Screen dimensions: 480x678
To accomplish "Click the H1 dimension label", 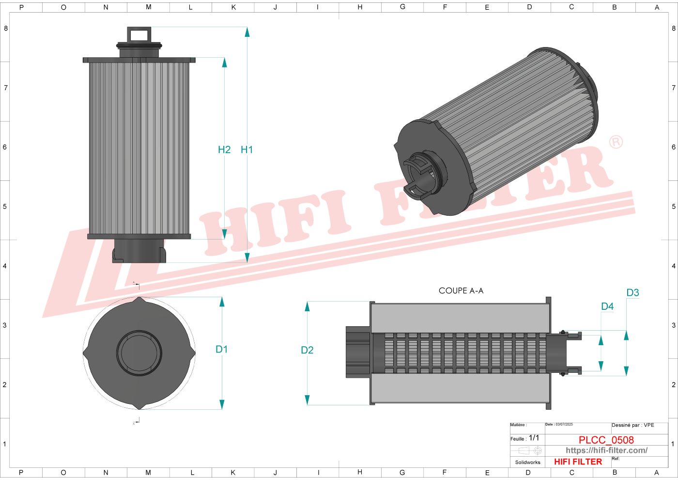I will [247, 150].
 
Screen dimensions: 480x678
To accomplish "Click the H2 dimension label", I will [224, 150].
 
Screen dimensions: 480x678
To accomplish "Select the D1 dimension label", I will [221, 349].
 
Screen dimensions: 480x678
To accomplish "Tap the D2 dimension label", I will [307, 350].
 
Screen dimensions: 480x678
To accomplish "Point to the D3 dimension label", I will [632, 293].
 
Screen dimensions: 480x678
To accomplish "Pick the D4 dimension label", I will [607, 306].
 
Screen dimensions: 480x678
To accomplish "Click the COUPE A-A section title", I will [461, 291].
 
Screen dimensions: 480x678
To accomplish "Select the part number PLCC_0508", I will [606, 440].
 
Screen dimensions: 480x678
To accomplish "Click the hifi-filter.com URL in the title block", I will [606, 450].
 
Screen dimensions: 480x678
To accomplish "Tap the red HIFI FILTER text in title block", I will [578, 462].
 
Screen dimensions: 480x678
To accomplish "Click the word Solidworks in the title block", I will [527, 463].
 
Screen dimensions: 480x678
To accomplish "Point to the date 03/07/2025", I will [564, 425].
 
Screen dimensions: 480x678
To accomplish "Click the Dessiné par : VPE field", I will [632, 425].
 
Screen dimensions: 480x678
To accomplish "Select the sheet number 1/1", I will [534, 438].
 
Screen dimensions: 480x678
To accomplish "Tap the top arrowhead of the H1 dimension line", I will [247, 32].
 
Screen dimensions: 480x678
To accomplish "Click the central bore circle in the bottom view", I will [139, 353].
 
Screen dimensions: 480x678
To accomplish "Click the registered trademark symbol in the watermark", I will [616, 142].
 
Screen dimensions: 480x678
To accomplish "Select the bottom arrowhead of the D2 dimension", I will [307, 400].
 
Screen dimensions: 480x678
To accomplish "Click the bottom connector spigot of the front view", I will [139, 251].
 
